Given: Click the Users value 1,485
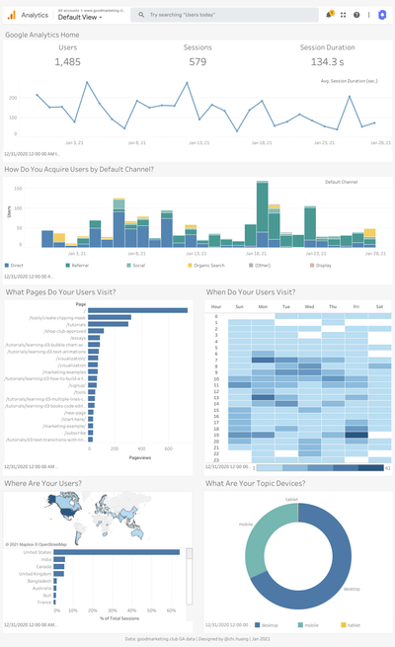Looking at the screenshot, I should click(68, 62).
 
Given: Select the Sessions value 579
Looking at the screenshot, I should click(197, 62).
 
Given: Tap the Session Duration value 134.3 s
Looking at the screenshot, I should click(327, 62).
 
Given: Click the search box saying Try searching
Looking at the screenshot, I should click(222, 15).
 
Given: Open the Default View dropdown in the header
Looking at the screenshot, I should click(80, 18).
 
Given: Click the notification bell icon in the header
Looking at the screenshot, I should click(329, 15).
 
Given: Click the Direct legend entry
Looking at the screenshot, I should click(17, 266).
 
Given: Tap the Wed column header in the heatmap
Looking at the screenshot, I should click(309, 306).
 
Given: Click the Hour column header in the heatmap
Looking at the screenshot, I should click(215, 306).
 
